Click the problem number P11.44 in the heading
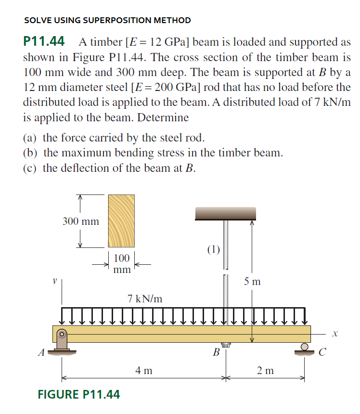point(44,42)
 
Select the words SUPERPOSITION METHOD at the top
point(137,20)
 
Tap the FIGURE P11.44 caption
point(79,395)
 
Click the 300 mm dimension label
point(81,221)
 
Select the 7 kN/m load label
point(145,298)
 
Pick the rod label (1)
point(213,249)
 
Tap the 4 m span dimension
point(144,370)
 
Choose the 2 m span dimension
point(265,370)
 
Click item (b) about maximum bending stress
point(153,153)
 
